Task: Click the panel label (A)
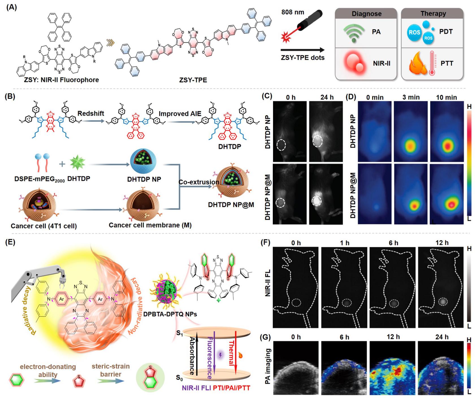click(x=12, y=7)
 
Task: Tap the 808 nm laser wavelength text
click(x=293, y=12)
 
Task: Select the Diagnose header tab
click(x=366, y=14)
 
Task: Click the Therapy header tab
click(x=433, y=14)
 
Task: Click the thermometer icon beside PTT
click(x=432, y=63)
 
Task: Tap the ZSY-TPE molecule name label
click(x=193, y=80)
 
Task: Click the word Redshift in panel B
click(x=91, y=113)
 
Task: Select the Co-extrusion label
click(x=199, y=182)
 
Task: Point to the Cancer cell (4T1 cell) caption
click(x=44, y=226)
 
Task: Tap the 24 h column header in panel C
click(x=327, y=97)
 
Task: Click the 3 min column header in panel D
click(x=411, y=97)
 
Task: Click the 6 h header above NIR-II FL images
click(x=393, y=243)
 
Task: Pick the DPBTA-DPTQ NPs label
click(x=170, y=314)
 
